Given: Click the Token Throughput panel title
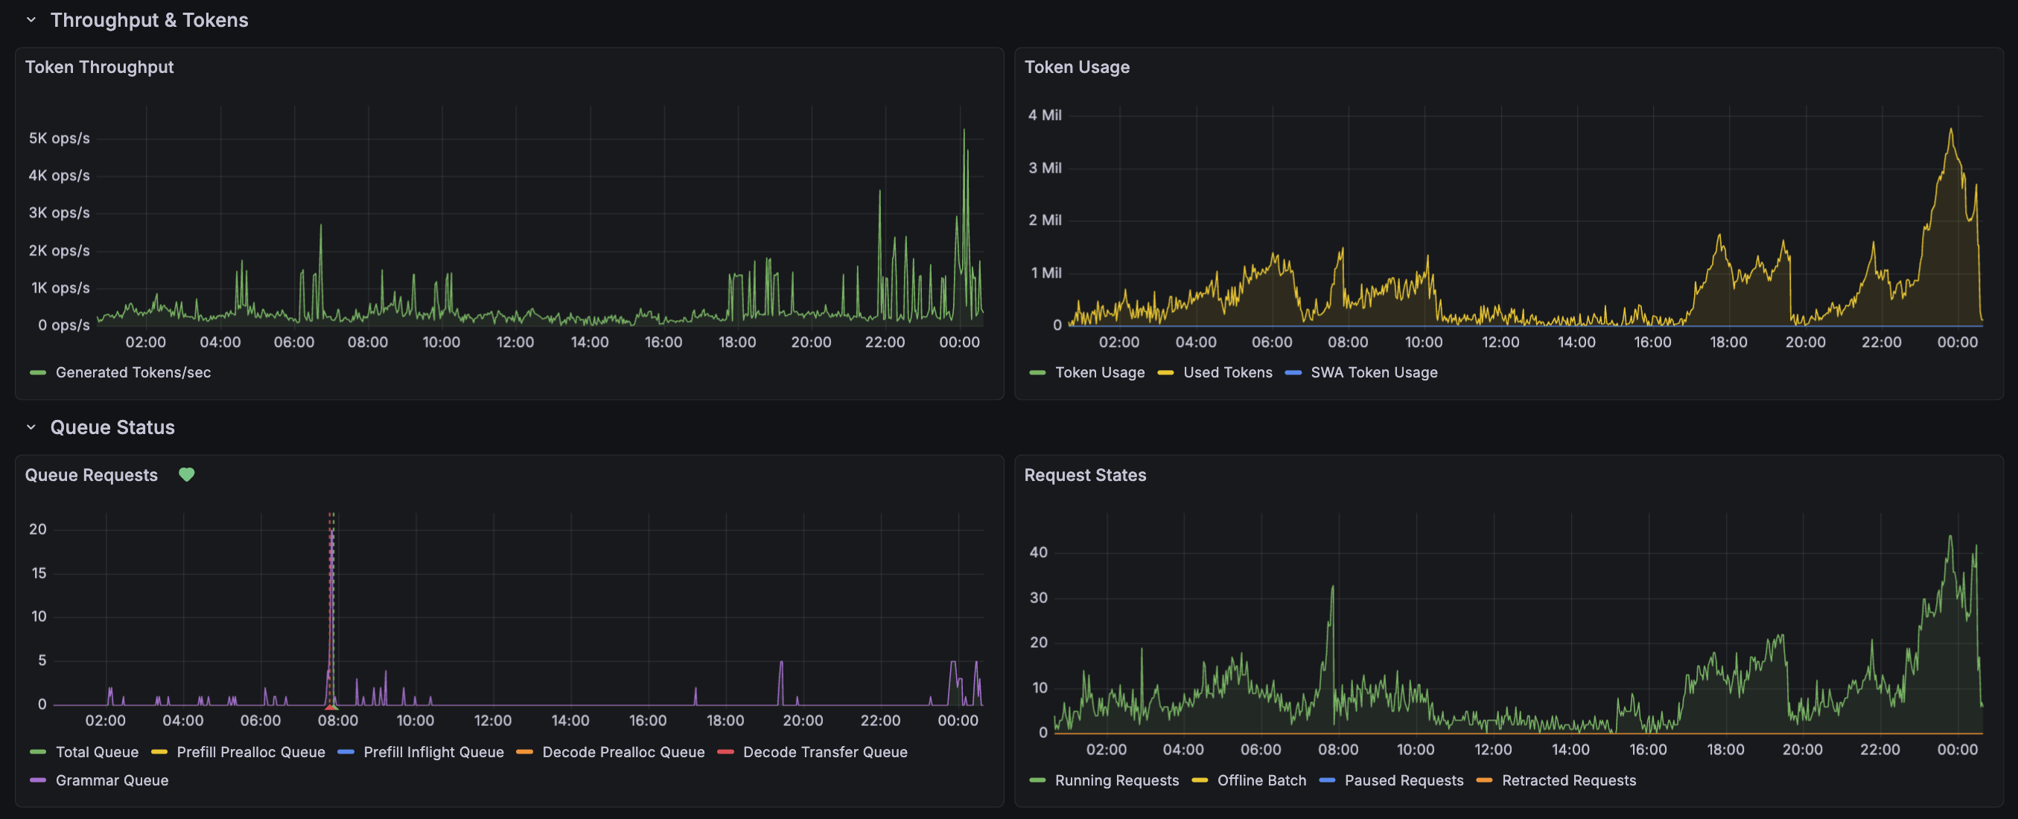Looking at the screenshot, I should pos(100,67).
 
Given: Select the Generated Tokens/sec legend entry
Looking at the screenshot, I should pos(133,373).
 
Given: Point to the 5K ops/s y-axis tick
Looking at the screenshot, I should pos(59,138).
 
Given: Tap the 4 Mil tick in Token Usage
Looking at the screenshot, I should pos(1044,115).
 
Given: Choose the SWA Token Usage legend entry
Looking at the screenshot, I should pos(1373,373).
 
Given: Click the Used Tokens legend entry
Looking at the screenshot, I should pos(1226,373).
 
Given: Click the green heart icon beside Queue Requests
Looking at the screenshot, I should pos(186,474).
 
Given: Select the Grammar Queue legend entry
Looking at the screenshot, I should pos(111,780).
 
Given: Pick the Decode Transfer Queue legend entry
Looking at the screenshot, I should pos(824,753).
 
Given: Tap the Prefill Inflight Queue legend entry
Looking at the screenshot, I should pos(433,753).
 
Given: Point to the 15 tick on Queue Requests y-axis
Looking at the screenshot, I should pos(39,573).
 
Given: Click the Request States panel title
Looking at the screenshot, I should pos(1084,475).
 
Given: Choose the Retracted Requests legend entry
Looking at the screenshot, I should pos(1568,780).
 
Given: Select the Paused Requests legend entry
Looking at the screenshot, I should pos(1403,780).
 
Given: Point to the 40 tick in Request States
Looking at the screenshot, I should pos(1038,552).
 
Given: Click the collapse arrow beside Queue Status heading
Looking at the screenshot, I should pos(31,427).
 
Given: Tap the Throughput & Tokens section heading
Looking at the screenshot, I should pos(149,20).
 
